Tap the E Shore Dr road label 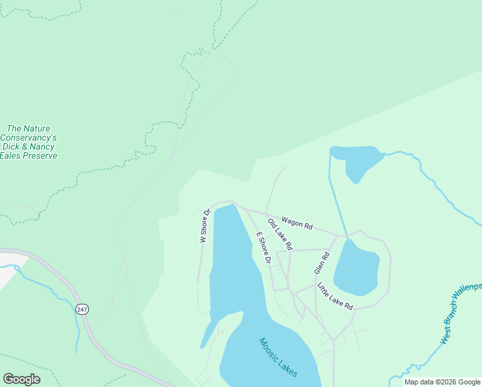pyautogui.click(x=263, y=248)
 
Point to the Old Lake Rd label pyautogui.click(x=280, y=235)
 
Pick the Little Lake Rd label pyautogui.click(x=336, y=296)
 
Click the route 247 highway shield pyautogui.click(x=81, y=310)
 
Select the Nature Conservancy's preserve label pyautogui.click(x=29, y=142)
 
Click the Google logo pyautogui.click(x=21, y=379)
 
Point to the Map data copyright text pyautogui.click(x=443, y=382)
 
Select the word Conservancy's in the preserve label pyautogui.click(x=29, y=137)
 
